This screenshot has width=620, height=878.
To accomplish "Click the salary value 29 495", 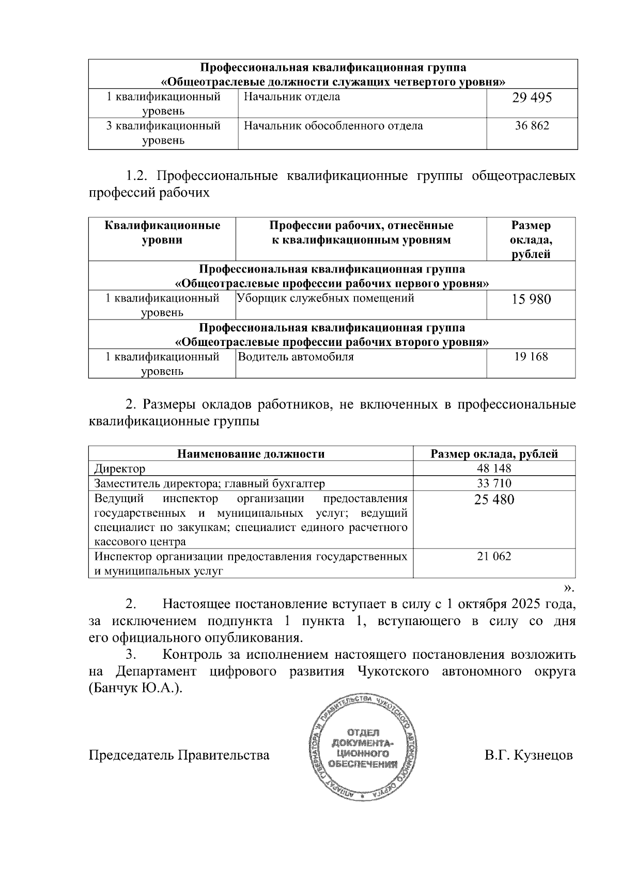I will click(532, 98).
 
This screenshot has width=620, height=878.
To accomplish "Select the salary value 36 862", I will click(532, 126).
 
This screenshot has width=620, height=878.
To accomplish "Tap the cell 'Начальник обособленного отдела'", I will click(333, 126).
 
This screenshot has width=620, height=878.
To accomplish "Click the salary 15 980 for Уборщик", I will click(531, 299).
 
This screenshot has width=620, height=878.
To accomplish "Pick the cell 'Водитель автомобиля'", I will click(296, 357).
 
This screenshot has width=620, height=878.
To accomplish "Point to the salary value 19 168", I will click(531, 357).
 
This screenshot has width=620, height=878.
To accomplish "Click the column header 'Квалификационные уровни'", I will click(162, 233).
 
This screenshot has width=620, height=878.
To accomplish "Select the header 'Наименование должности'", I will click(251, 454).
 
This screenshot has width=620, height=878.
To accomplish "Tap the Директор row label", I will click(120, 469).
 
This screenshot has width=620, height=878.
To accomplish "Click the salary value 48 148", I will click(494, 468).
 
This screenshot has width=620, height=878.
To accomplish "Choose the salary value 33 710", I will click(494, 484).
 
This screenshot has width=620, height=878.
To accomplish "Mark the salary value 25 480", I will click(494, 500).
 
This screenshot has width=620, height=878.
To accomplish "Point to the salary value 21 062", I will click(494, 556).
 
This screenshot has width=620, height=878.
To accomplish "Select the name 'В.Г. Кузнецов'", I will click(528, 755).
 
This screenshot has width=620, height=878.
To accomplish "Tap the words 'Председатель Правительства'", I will click(179, 755).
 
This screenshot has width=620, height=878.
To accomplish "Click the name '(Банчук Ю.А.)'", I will click(136, 689).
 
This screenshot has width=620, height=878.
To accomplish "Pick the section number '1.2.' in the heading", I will click(137, 176).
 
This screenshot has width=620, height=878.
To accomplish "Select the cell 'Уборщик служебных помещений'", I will click(326, 298).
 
